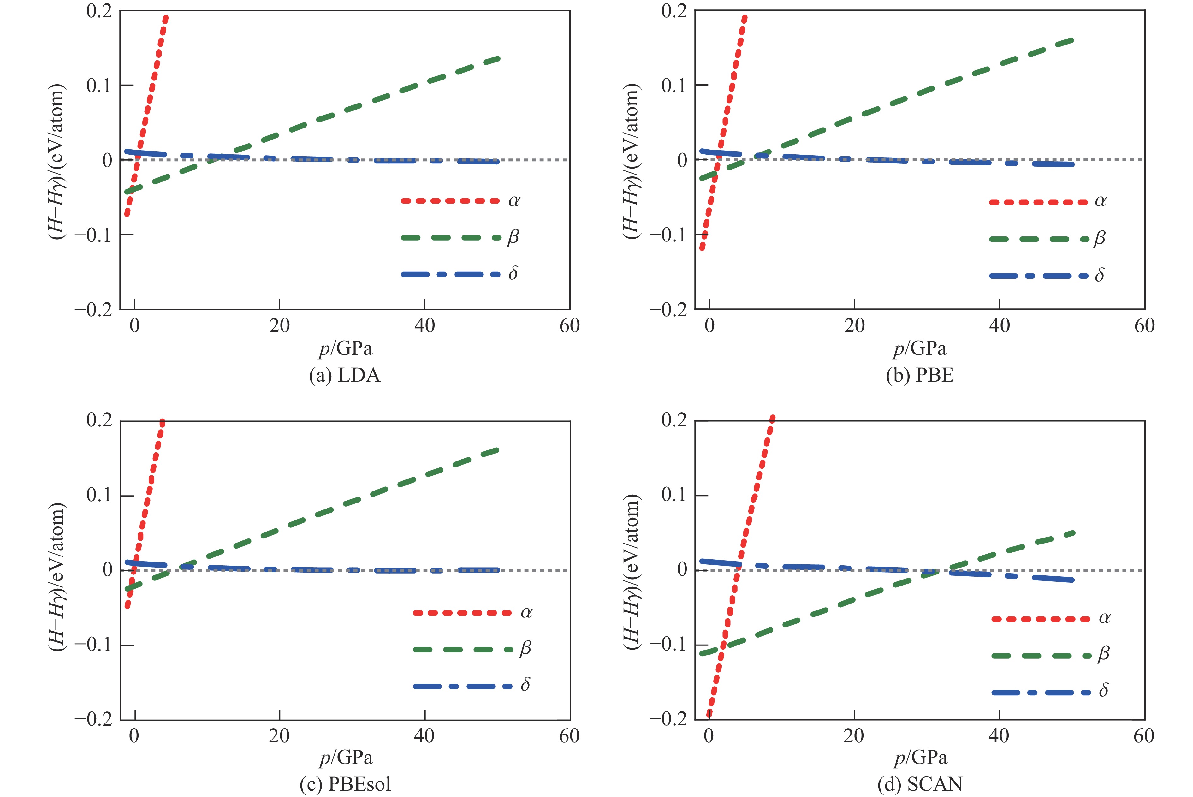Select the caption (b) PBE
(920, 375)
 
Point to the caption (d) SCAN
(920, 784)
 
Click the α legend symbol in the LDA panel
(450, 201)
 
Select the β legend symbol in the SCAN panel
(1041, 656)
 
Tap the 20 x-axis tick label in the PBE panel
(855, 326)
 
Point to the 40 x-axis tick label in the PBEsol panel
(424, 735)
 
